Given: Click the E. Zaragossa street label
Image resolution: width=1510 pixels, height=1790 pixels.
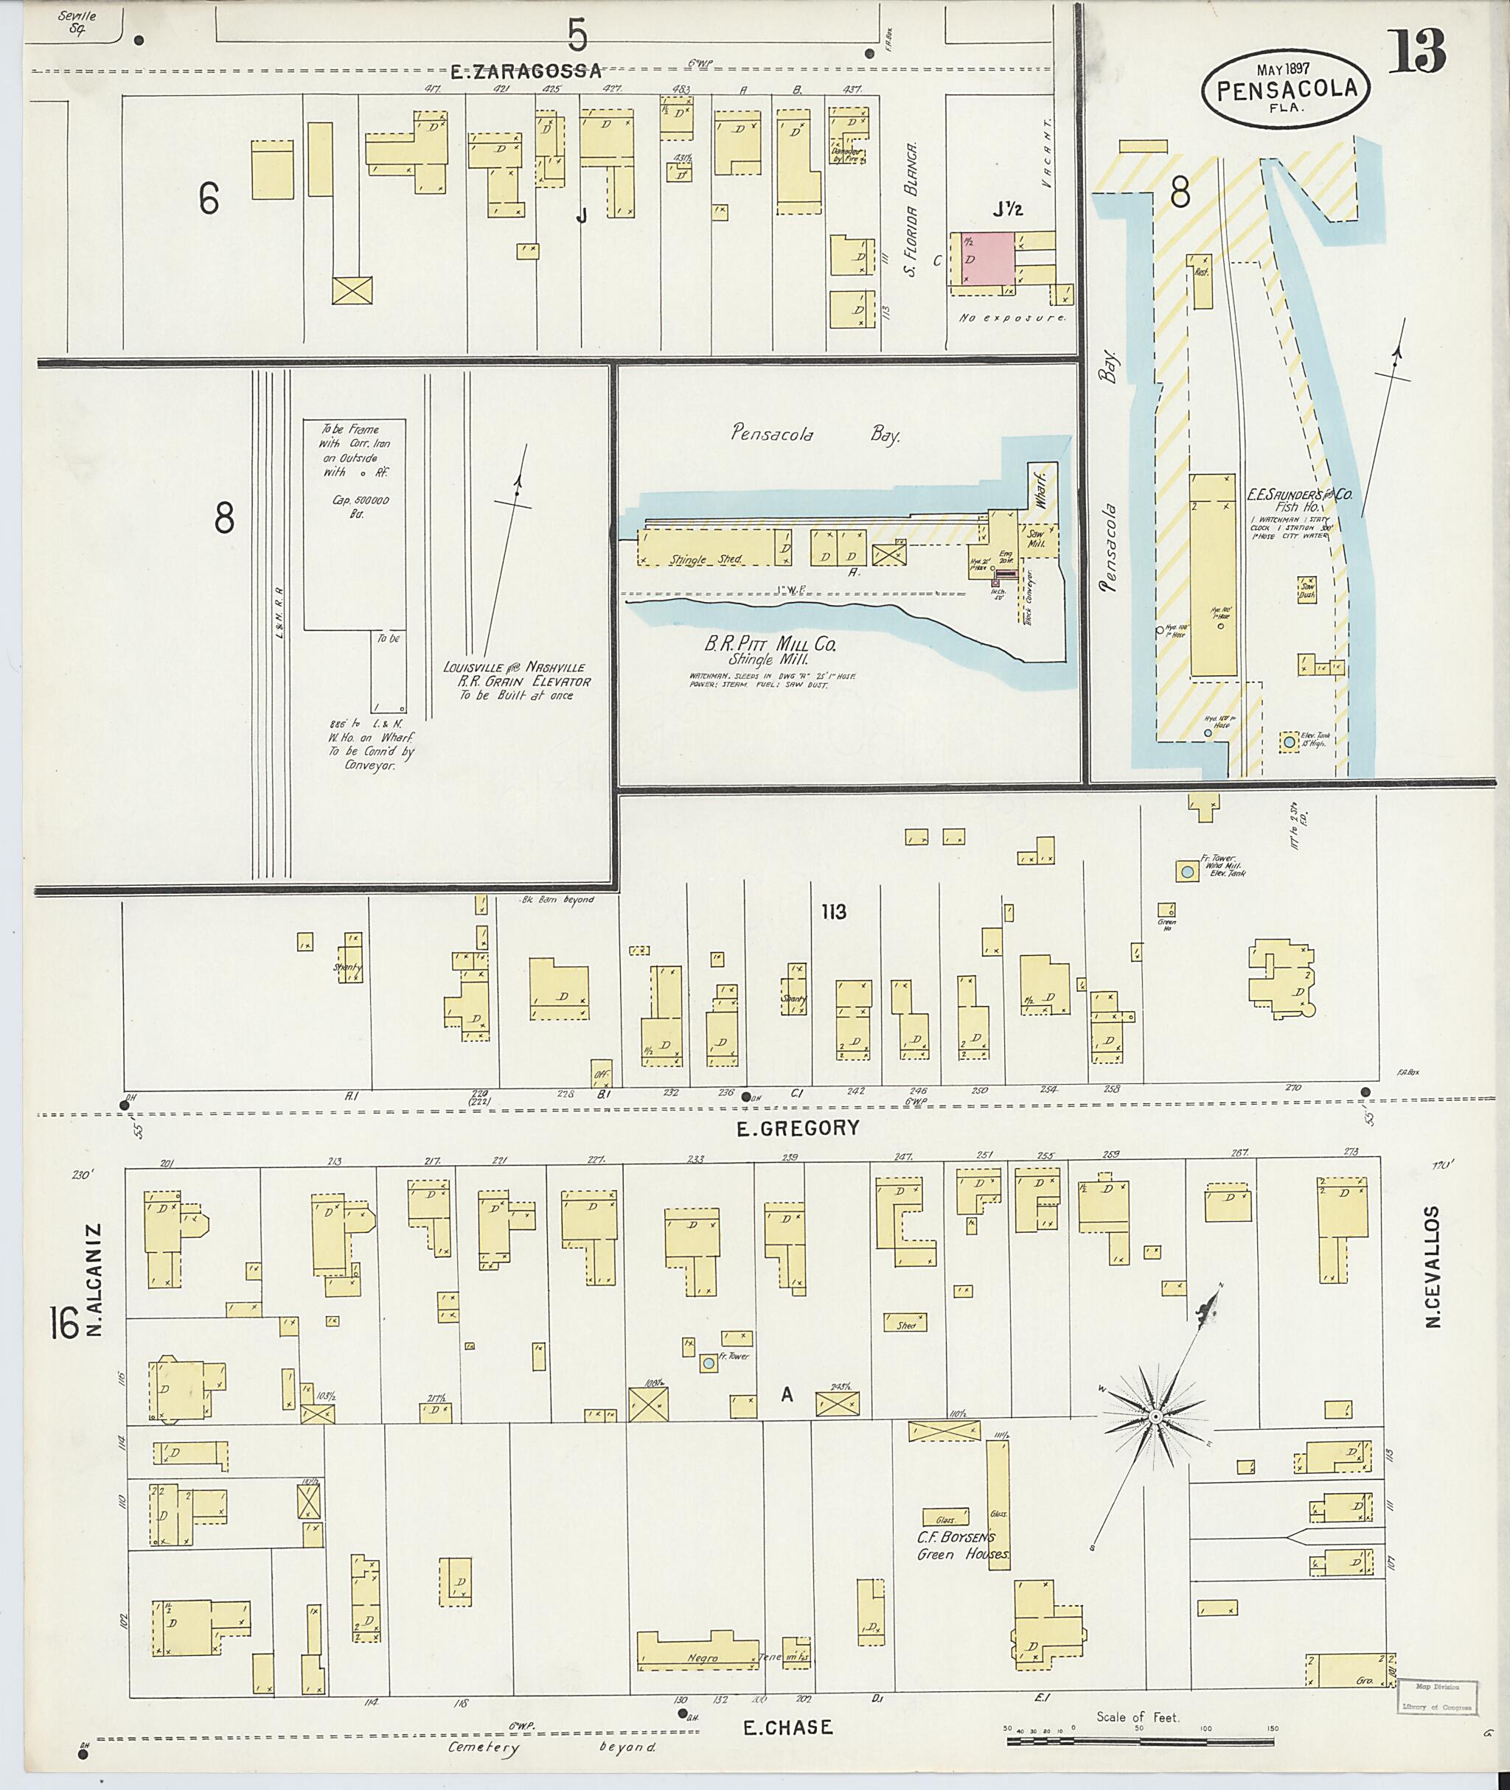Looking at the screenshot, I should [x=526, y=72].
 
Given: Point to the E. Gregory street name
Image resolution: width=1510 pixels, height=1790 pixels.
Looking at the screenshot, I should [x=799, y=1128].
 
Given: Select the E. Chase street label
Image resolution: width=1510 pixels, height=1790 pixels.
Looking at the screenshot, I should [x=787, y=1727].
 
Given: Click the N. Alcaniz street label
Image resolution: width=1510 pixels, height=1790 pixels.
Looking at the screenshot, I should [x=95, y=1280].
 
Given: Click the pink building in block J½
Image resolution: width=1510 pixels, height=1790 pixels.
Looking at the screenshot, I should [x=987, y=259].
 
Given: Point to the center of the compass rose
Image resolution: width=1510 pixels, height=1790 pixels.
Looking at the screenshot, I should [x=1154, y=1418].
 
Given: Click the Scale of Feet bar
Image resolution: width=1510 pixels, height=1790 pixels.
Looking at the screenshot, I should [x=1138, y=1741].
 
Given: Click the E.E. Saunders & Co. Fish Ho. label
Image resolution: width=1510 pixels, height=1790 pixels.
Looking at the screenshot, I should [x=1298, y=500].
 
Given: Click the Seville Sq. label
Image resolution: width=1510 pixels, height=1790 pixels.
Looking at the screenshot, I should [x=76, y=22].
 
